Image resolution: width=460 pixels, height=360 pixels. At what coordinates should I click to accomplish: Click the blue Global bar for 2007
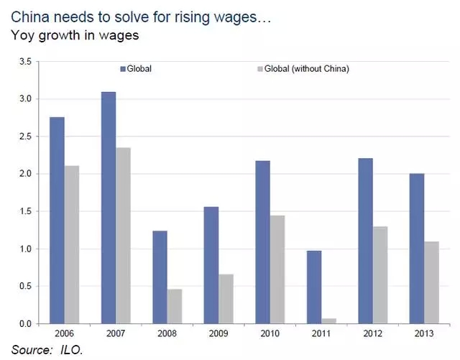108,208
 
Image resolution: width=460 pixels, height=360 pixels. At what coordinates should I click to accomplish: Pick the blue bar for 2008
160,277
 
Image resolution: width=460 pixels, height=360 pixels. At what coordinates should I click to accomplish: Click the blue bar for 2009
211,265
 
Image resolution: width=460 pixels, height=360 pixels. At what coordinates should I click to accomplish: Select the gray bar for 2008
175,306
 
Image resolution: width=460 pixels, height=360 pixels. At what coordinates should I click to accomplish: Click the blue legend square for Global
122,69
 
